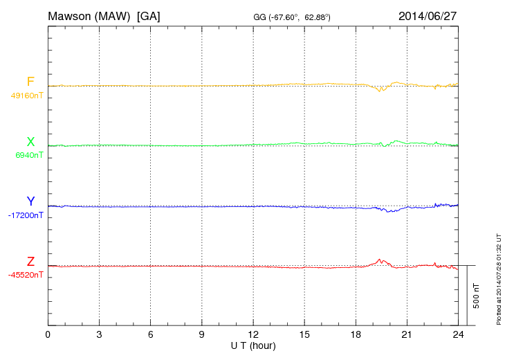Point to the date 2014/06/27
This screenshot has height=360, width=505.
pyautogui.click(x=428, y=15)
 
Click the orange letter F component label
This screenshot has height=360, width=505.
pyautogui.click(x=30, y=82)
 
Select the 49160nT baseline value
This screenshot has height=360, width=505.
pyautogui.click(x=26, y=96)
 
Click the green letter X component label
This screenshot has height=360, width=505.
pyautogui.click(x=30, y=142)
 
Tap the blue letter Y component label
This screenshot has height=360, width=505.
pyautogui.click(x=30, y=201)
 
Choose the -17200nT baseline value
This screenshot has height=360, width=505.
pyautogui.click(x=26, y=215)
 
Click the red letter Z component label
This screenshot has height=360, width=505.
pyautogui.click(x=30, y=262)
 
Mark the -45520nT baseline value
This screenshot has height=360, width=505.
pyautogui.click(x=26, y=275)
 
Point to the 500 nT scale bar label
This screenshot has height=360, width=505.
pyautogui.click(x=477, y=296)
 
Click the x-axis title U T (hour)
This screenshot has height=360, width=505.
pyautogui.click(x=252, y=345)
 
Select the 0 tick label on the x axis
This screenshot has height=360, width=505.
pyautogui.click(x=48, y=335)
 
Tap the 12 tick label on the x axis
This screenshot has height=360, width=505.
pyautogui.click(x=253, y=335)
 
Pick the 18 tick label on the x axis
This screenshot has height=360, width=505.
pyautogui.click(x=356, y=335)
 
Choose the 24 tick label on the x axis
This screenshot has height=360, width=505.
pyautogui.click(x=458, y=335)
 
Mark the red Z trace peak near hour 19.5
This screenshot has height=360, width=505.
pyautogui.click(x=380, y=259)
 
